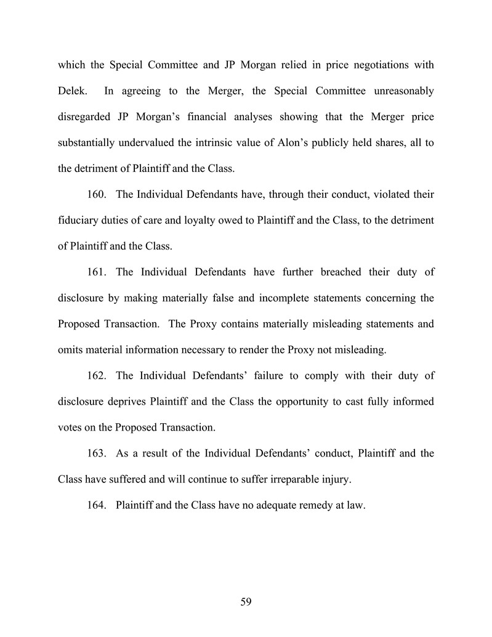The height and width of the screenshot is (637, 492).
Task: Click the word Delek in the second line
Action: point(71,92)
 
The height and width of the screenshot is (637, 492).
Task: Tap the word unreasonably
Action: point(403,92)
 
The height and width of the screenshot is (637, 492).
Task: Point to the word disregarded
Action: point(84,118)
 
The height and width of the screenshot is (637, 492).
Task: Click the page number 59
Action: point(246,603)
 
